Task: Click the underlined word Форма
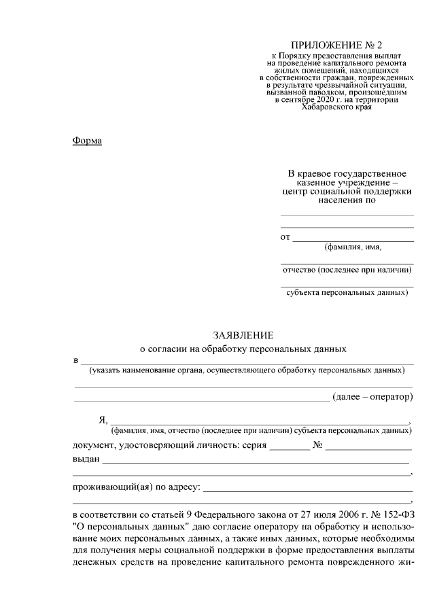tap(86, 141)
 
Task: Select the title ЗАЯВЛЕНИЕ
tap(243, 335)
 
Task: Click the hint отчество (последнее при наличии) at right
tap(347, 270)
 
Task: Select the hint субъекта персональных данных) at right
tap(347, 293)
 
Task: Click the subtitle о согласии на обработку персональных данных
tap(243, 349)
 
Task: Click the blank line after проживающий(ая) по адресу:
tap(308, 488)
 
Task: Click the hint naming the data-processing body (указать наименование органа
tap(246, 370)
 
